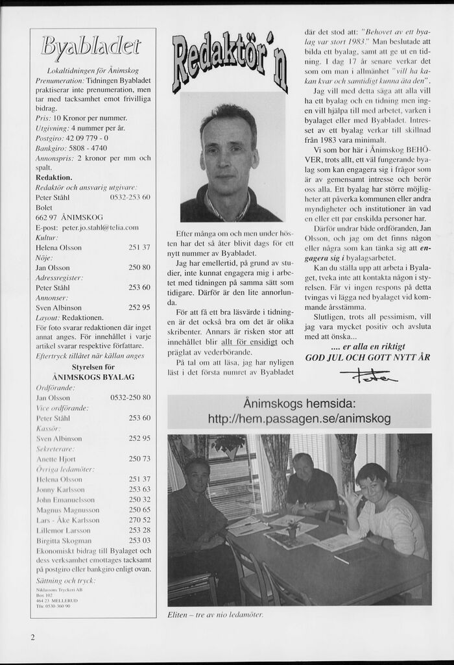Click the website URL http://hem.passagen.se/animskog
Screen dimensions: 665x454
click(x=299, y=420)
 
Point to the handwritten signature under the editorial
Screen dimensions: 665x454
click(x=368, y=375)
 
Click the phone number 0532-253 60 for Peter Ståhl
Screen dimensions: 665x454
click(x=130, y=197)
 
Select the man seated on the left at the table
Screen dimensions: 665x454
click(x=195, y=513)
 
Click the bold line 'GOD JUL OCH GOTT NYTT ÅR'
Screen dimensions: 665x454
click(x=368, y=357)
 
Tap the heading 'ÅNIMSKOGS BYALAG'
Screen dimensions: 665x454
click(x=93, y=377)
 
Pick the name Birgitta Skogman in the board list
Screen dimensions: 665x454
click(x=64, y=540)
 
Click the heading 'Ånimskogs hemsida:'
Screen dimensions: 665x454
click(x=299, y=404)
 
